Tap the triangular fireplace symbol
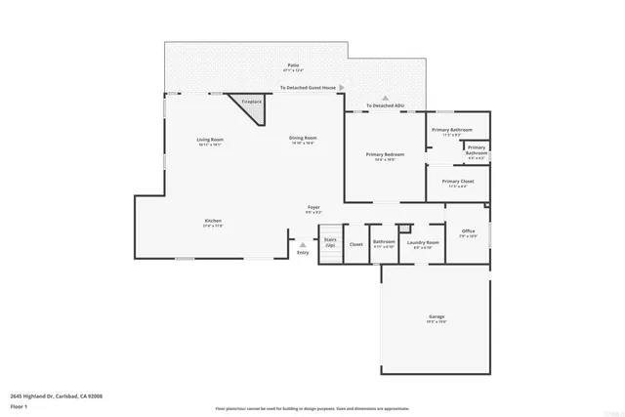point(250,106)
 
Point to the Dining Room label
point(303,140)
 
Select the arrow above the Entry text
point(303,244)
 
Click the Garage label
point(437,318)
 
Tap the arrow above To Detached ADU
point(385,99)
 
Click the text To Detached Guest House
point(308,88)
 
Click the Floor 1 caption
point(17,405)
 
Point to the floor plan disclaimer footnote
point(312,409)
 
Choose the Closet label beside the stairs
point(356,244)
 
